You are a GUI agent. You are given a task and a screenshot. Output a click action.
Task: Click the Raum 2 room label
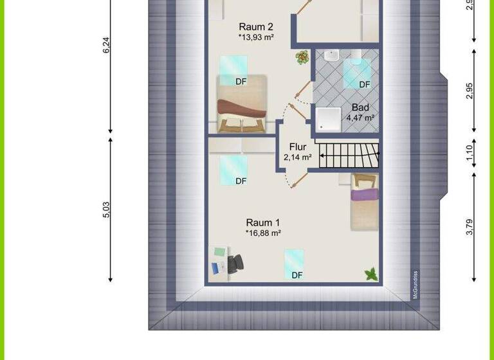[256, 27]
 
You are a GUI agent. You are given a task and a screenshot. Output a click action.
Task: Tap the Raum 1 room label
[263, 222]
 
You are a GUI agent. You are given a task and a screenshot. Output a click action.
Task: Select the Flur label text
[298, 147]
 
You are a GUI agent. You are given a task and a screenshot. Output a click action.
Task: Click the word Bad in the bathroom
[360, 107]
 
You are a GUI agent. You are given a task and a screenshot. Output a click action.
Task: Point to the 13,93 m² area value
[257, 38]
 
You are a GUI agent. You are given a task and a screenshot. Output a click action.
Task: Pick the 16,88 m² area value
[264, 233]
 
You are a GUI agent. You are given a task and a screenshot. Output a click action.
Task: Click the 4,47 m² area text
[360, 118]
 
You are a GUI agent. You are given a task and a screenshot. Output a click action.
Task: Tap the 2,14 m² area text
[298, 157]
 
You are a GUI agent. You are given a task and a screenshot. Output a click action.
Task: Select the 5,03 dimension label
[107, 210]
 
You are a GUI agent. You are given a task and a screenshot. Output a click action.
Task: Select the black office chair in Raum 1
[235, 264]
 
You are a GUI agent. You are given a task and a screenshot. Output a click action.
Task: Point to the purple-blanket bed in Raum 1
[364, 201]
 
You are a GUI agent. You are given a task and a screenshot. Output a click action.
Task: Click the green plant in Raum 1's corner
[370, 274]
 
